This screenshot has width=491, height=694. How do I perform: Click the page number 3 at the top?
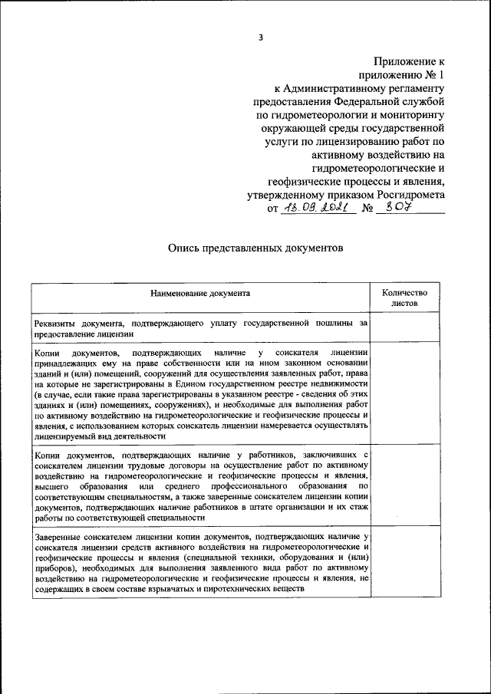[x=261, y=36]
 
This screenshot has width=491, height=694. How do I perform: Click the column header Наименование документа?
[x=200, y=293]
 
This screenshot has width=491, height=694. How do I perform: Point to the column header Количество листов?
[x=404, y=298]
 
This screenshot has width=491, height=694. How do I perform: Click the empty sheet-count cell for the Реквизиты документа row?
[x=404, y=328]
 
